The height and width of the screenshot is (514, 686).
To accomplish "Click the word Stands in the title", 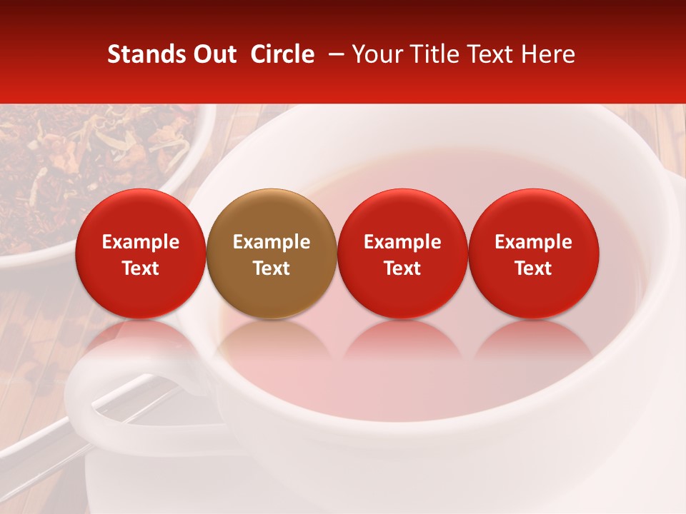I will pyautogui.click(x=146, y=54).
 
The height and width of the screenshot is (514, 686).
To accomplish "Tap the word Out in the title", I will pyautogui.click(x=214, y=54).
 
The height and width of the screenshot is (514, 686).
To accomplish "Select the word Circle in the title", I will pyautogui.click(x=282, y=54).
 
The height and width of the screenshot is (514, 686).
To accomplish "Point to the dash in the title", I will pyautogui.click(x=333, y=54).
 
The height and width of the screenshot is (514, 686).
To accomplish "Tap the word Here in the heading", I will pyautogui.click(x=548, y=54).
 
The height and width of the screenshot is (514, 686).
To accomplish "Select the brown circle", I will pyautogui.click(x=272, y=253).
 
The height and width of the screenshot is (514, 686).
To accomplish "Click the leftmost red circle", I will pyautogui.click(x=141, y=253).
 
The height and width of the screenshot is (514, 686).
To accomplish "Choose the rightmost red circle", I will pyautogui.click(x=534, y=253).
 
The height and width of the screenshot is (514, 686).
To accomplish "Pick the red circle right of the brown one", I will pyautogui.click(x=402, y=253).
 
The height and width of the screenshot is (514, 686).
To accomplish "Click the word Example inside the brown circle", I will pyautogui.click(x=272, y=242).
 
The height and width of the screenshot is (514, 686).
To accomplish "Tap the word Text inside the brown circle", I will pyautogui.click(x=272, y=268).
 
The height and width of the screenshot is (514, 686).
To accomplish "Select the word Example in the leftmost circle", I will pyautogui.click(x=141, y=242).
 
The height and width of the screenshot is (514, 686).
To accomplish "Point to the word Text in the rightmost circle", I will pyautogui.click(x=534, y=268).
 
